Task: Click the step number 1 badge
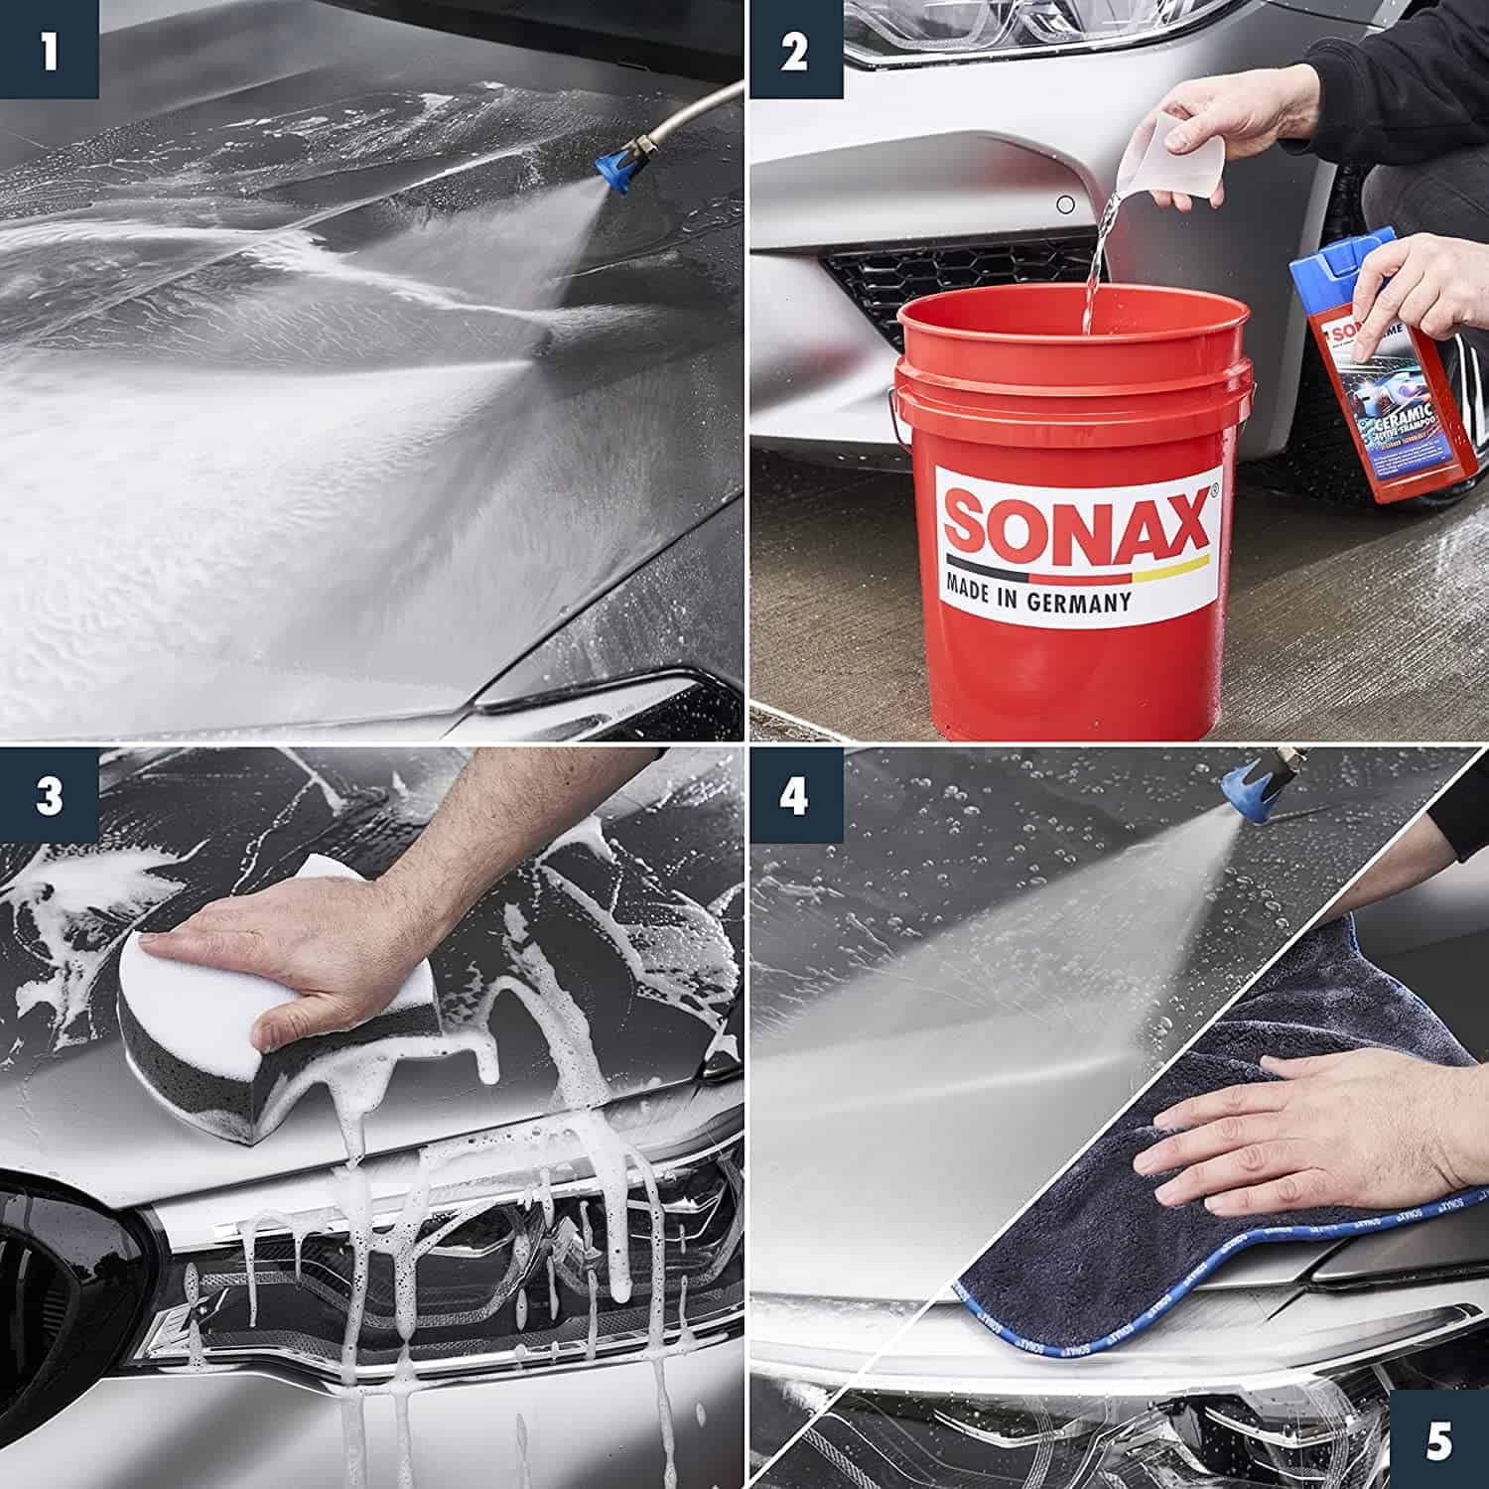49,50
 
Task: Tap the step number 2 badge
793,50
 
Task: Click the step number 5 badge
1439,1439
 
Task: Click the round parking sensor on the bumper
1065,205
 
